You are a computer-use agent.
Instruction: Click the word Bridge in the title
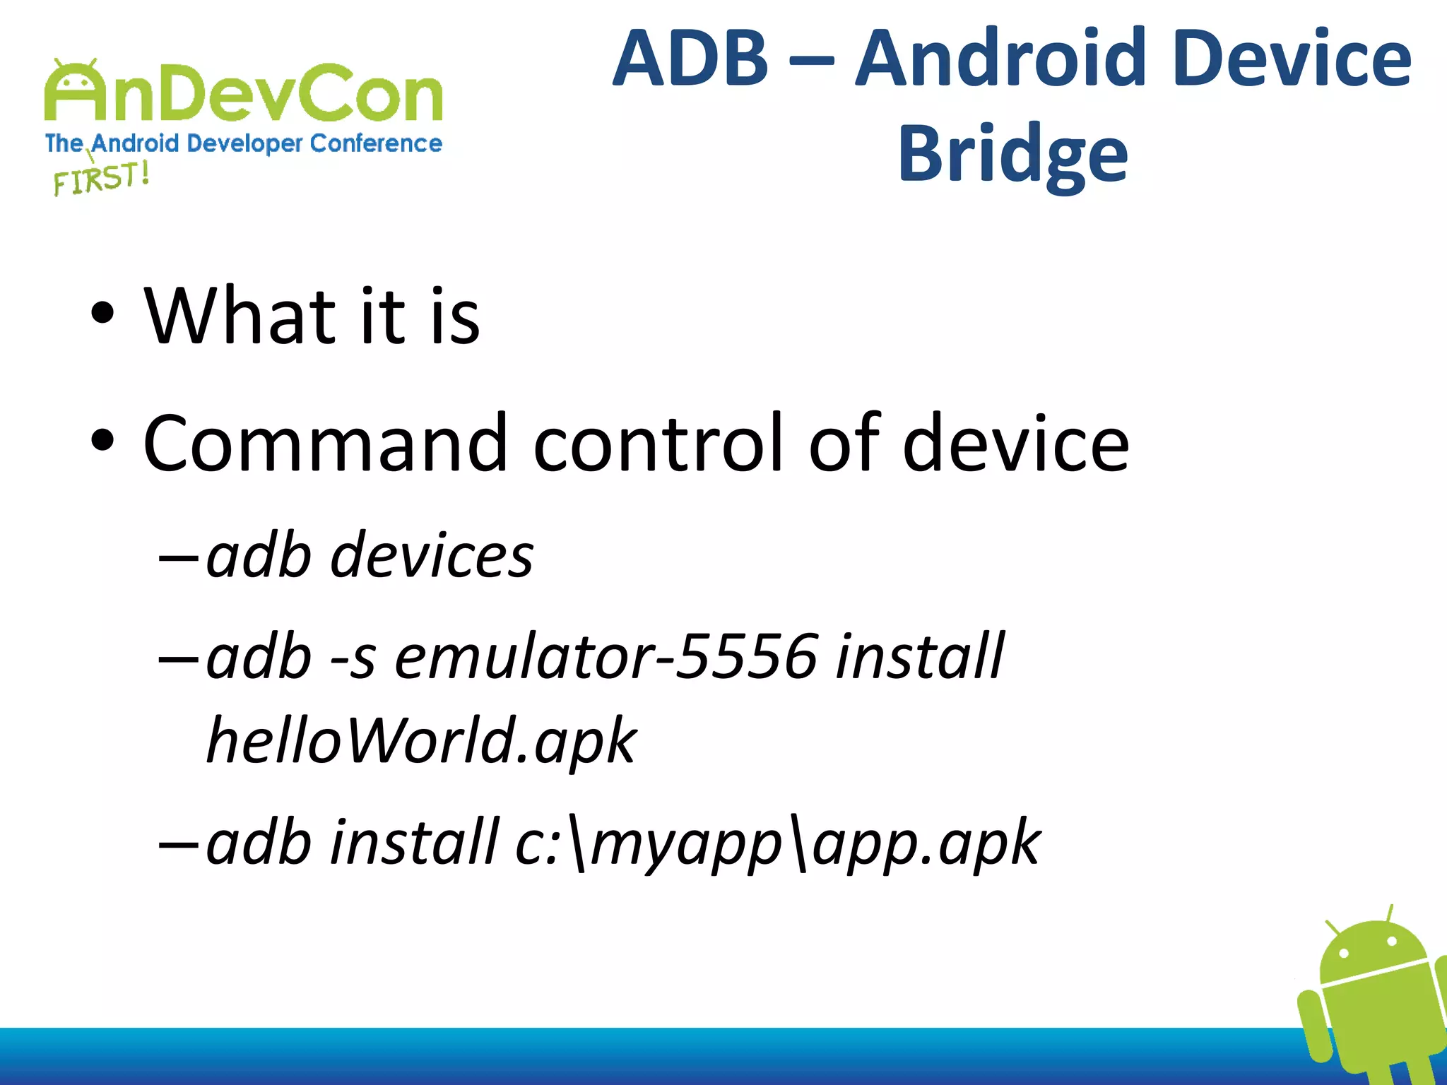coord(1012,153)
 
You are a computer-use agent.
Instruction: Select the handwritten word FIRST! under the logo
coord(101,178)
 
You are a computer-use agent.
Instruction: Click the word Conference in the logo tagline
coord(376,143)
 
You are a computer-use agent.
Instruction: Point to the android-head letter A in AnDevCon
coord(76,92)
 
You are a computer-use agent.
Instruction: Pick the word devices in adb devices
coord(432,556)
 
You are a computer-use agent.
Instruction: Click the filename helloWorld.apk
coord(421,742)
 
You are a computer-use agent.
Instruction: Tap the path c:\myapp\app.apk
coord(777,842)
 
